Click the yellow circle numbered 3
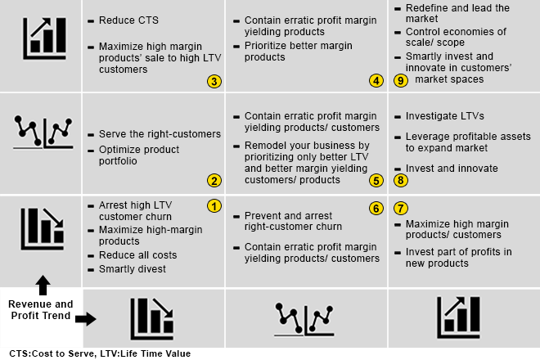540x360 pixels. click(214, 81)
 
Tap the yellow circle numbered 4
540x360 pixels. click(376, 81)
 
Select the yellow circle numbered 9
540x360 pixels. click(400, 81)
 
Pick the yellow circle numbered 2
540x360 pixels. click(214, 181)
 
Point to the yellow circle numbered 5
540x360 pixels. click(376, 181)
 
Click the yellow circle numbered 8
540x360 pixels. click(400, 181)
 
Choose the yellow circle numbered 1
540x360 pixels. click(214, 206)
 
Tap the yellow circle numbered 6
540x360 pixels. click(376, 208)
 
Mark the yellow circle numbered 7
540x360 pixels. click(400, 208)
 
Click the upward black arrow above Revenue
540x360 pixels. click(43, 286)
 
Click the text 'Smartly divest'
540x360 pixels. click(132, 268)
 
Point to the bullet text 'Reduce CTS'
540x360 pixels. click(128, 20)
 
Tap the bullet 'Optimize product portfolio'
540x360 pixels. click(138, 155)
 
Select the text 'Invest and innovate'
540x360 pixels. click(452, 169)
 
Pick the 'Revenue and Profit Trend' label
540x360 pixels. click(41, 310)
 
